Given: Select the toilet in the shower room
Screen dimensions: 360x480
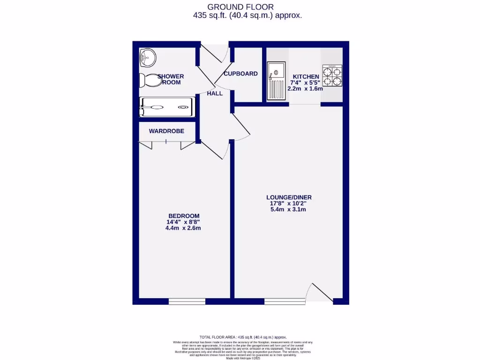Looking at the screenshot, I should (149, 81).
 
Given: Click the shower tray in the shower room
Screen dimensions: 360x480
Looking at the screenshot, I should (166, 107).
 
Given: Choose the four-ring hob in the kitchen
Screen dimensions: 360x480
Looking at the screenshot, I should (332, 76).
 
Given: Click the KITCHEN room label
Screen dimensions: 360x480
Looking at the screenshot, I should (306, 76).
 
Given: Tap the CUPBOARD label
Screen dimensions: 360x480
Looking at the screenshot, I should (240, 74).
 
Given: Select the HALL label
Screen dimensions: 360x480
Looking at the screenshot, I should (215, 93).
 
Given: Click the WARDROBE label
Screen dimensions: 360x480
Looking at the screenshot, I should (166, 131).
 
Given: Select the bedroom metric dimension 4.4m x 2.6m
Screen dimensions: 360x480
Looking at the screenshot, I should (183, 228).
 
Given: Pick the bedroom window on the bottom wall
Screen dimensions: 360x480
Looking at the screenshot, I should (187, 301).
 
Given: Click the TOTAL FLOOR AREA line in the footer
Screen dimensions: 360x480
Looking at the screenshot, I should (243, 337).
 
